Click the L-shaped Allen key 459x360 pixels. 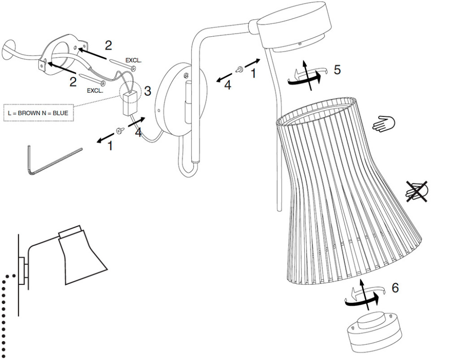point(50,160)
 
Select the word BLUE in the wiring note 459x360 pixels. point(60,112)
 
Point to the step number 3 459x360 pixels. point(147,91)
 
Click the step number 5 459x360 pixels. point(337,70)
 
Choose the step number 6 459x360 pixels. point(395,288)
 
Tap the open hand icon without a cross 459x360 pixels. point(384,124)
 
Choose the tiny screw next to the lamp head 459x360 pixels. point(239,69)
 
